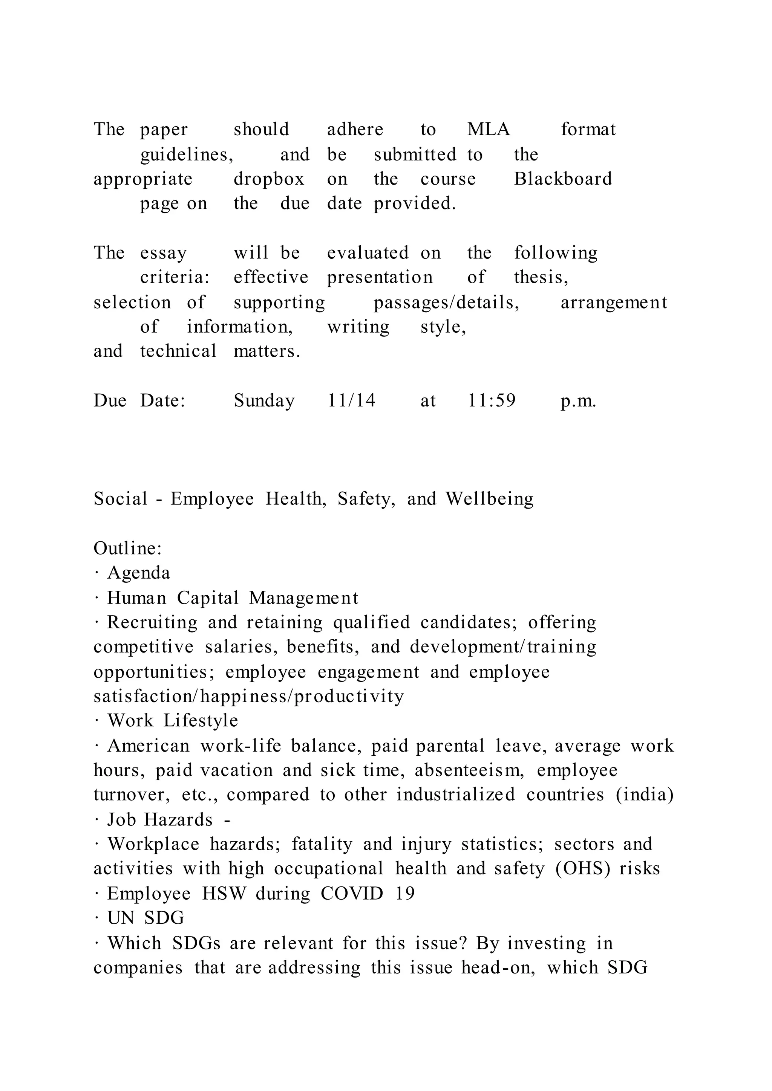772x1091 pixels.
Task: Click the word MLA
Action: [488, 129]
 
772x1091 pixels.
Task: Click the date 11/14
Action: [351, 400]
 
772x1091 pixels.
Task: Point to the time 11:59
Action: [492, 400]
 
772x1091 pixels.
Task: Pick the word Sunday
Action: [264, 400]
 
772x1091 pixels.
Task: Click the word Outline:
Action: [128, 549]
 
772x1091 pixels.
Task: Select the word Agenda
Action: [138, 573]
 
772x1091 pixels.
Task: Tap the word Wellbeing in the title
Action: [489, 499]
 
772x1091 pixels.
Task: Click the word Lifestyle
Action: [201, 721]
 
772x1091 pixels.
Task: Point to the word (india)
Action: [645, 795]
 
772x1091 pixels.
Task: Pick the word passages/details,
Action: [446, 302]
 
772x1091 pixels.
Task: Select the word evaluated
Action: [368, 253]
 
